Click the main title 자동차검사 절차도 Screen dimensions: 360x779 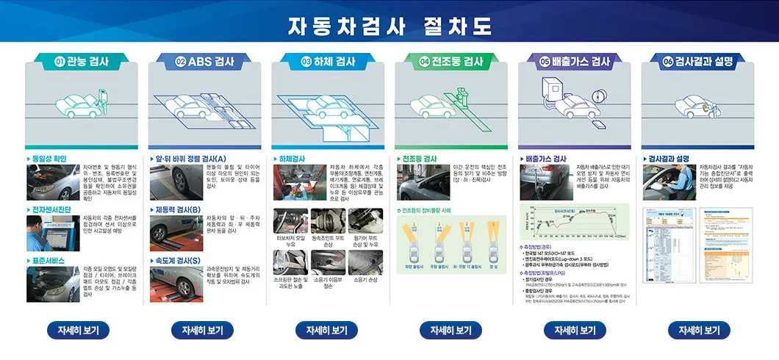389,26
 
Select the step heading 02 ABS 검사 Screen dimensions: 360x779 205,62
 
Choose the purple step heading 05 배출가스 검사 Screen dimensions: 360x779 575,62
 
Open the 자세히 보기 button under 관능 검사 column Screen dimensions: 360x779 78,330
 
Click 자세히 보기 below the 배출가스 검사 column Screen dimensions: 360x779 574,330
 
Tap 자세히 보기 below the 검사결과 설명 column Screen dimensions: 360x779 698,330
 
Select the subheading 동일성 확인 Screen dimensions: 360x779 49,159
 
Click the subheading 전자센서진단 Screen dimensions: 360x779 51,209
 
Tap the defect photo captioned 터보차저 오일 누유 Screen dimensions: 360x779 290,221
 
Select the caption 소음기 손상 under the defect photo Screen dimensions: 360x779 365,280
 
